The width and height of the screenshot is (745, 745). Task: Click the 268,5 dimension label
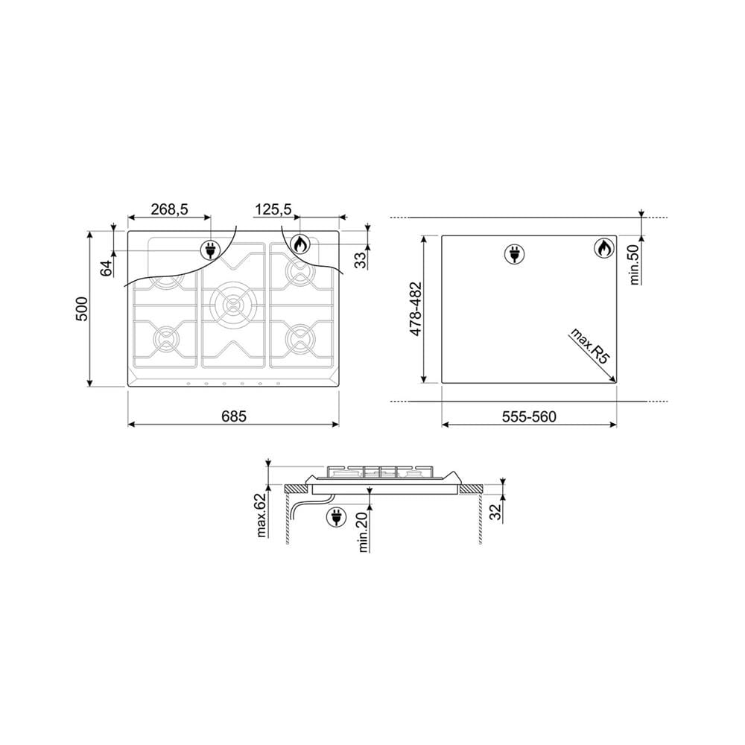click(170, 209)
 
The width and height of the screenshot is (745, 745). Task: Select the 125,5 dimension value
click(273, 209)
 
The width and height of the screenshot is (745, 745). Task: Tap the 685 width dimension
click(234, 416)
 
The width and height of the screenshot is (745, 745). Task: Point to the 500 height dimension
click(82, 309)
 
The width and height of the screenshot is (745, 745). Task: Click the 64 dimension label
click(107, 268)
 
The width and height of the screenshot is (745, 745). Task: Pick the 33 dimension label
click(361, 260)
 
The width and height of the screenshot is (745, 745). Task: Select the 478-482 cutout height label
click(416, 309)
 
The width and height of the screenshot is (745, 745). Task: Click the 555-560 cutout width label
click(529, 416)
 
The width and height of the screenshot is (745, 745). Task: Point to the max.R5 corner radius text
click(589, 346)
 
